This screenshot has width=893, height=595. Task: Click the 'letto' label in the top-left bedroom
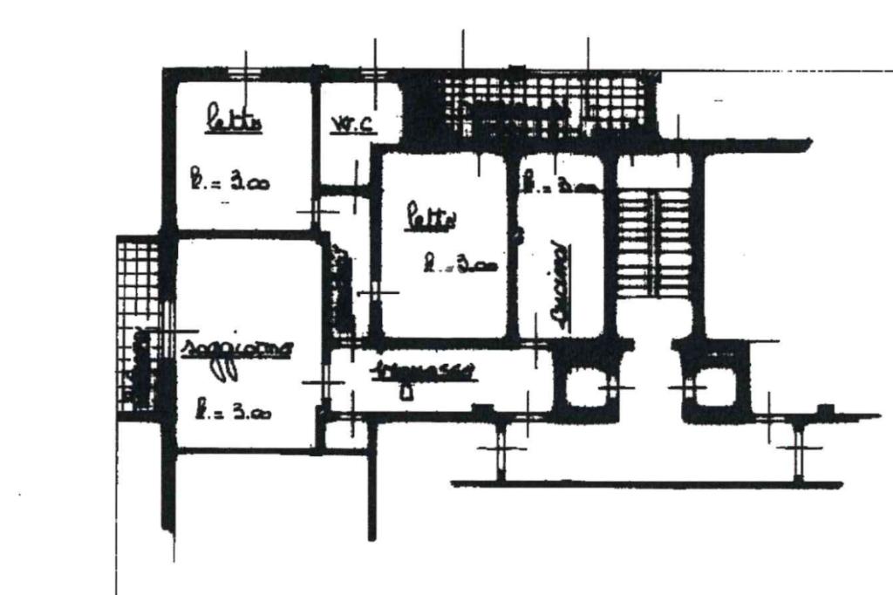pyautogui.click(x=233, y=120)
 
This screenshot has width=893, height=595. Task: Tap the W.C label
pyautogui.click(x=354, y=125)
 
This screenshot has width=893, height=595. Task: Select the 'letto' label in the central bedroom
pyautogui.click(x=430, y=218)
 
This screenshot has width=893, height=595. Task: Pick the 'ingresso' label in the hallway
pyautogui.click(x=422, y=370)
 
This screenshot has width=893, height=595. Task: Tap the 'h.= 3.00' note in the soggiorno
pyautogui.click(x=231, y=409)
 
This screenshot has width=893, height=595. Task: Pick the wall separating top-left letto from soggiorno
pyautogui.click(x=244, y=234)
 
